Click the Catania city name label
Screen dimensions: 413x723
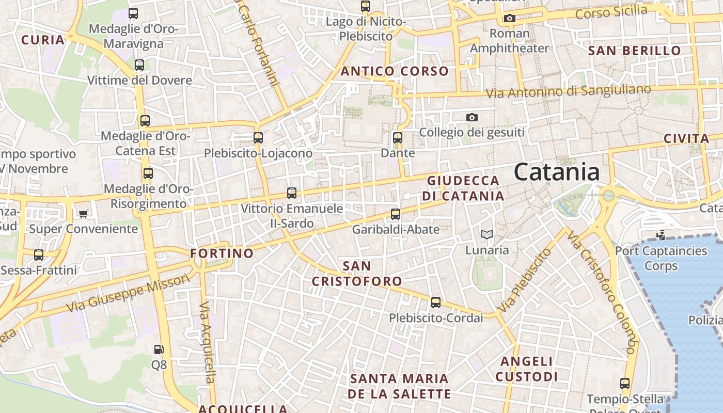pyautogui.click(x=557, y=172)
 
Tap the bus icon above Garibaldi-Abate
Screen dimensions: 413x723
pyautogui.click(x=396, y=214)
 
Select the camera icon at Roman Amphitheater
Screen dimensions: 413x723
pyautogui.click(x=509, y=19)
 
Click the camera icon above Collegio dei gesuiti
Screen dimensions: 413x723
pyautogui.click(x=471, y=118)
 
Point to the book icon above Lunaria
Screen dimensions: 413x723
pyautogui.click(x=486, y=235)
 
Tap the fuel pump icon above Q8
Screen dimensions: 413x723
pyautogui.click(x=159, y=350)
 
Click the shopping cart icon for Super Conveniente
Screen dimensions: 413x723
pyautogui.click(x=83, y=213)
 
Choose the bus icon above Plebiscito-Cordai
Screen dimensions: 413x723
pyautogui.click(x=436, y=303)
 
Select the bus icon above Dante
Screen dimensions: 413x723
pyautogui.click(x=398, y=138)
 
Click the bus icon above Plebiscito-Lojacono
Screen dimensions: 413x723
pyautogui.click(x=258, y=138)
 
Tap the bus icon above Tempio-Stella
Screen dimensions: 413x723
pyautogui.click(x=625, y=384)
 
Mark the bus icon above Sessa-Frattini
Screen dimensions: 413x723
pyautogui.click(x=39, y=255)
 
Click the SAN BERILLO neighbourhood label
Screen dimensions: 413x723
pyautogui.click(x=635, y=51)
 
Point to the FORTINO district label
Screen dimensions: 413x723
pyautogui.click(x=222, y=253)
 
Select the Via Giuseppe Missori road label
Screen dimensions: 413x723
pyautogui.click(x=128, y=293)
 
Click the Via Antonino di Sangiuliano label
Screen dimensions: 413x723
pyautogui.click(x=569, y=91)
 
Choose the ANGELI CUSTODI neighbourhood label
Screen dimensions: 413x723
pyautogui.click(x=527, y=369)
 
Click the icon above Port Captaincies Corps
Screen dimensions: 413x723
pyautogui.click(x=661, y=235)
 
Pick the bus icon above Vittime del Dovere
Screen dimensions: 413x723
pyautogui.click(x=139, y=65)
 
